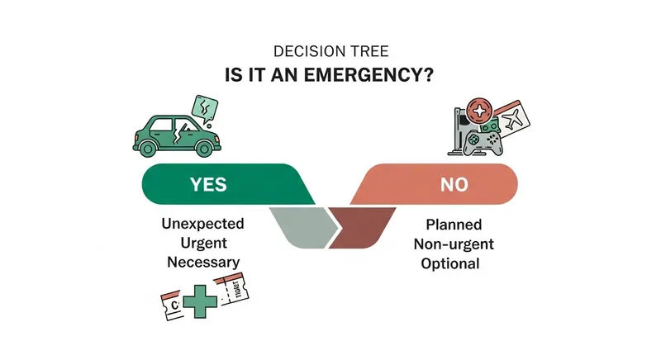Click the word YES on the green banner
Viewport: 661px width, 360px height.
pyautogui.click(x=208, y=184)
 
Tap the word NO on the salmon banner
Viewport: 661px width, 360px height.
pyautogui.click(x=451, y=185)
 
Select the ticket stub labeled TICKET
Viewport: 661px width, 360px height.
pyautogui.click(x=236, y=291)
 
